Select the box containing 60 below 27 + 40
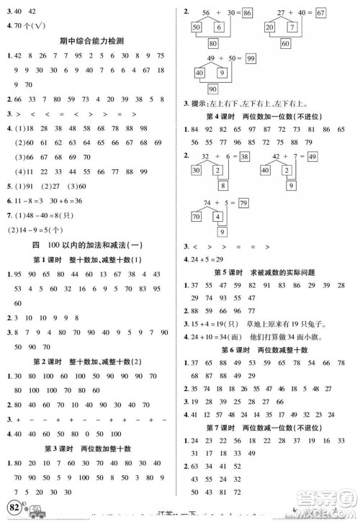[x=305, y=42]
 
